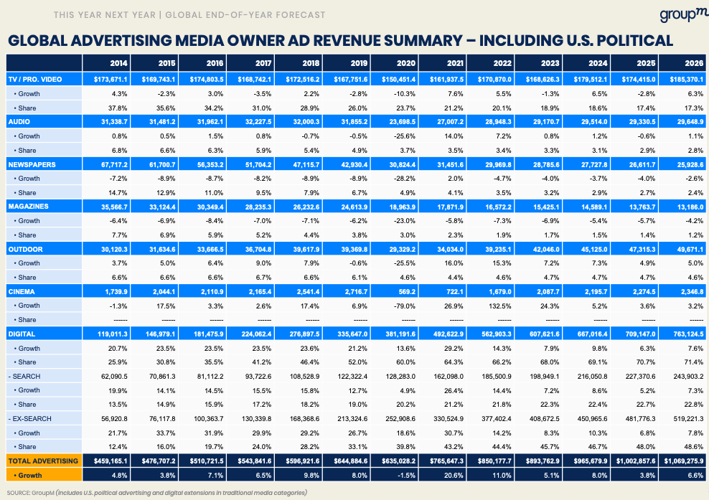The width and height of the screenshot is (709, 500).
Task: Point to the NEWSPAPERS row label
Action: click(x=29, y=164)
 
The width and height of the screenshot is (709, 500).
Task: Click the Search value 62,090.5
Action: click(x=111, y=375)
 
